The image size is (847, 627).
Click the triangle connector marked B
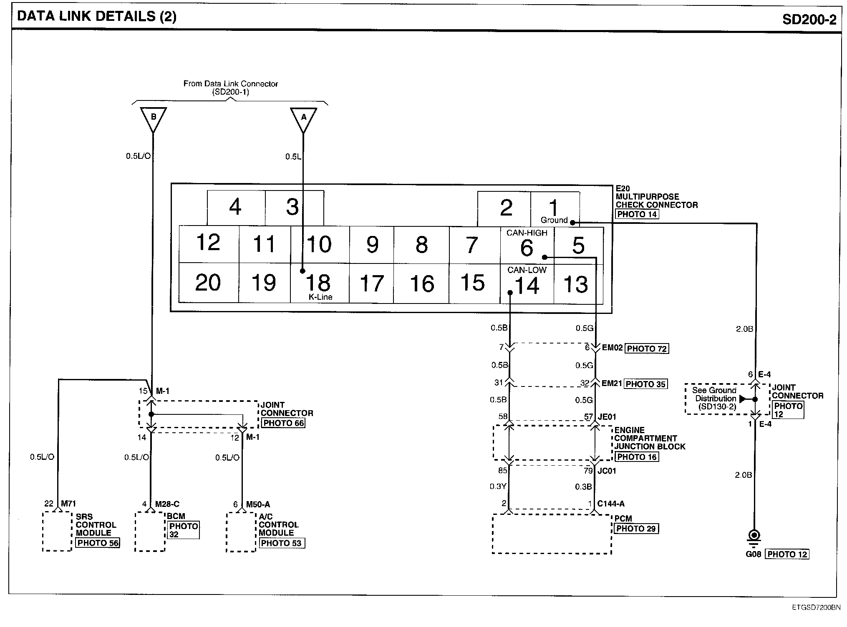point(153,118)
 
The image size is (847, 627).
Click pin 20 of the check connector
point(208,283)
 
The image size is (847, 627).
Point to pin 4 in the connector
point(235,207)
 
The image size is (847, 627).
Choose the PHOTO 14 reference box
point(637,214)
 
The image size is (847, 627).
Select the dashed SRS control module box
point(57,532)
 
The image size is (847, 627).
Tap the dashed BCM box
point(150,532)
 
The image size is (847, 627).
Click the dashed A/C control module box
point(241,532)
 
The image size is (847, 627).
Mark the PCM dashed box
point(552,534)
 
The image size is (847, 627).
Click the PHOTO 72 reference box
point(646,349)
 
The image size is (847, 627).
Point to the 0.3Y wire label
point(498,487)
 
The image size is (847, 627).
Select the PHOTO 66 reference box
point(283,423)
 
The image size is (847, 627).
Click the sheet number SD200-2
point(809,19)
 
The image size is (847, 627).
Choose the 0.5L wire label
point(293,157)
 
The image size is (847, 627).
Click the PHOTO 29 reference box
point(636,529)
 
